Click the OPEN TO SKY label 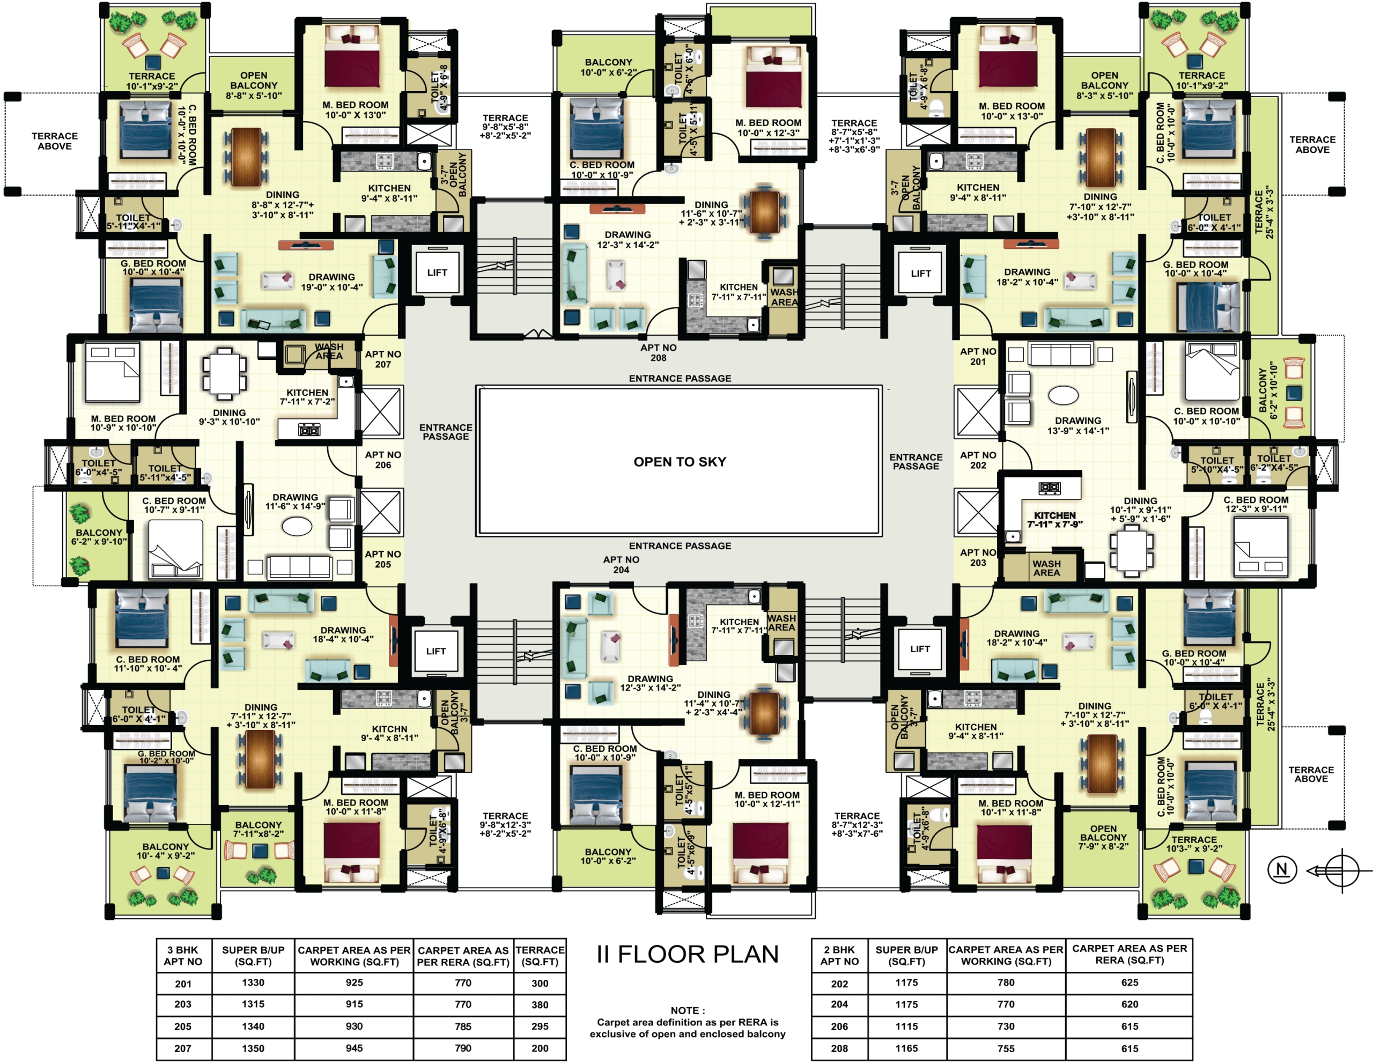[680, 462]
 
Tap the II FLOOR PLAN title [687, 954]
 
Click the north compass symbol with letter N [1282, 870]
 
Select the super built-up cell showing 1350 [253, 1048]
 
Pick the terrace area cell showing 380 [540, 1005]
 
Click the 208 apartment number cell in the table [839, 1049]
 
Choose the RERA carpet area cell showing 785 [463, 1027]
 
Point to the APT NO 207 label [383, 359]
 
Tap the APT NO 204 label [621, 565]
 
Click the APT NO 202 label [978, 460]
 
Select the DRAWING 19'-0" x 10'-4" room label [331, 282]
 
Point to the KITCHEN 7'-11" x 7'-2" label [307, 397]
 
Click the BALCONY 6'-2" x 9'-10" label [99, 537]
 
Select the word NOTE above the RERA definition [687, 1010]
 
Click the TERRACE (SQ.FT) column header [540, 956]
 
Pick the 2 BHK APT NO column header [839, 956]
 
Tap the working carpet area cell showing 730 [1006, 1027]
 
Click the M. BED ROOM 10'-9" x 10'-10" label [123, 423]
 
